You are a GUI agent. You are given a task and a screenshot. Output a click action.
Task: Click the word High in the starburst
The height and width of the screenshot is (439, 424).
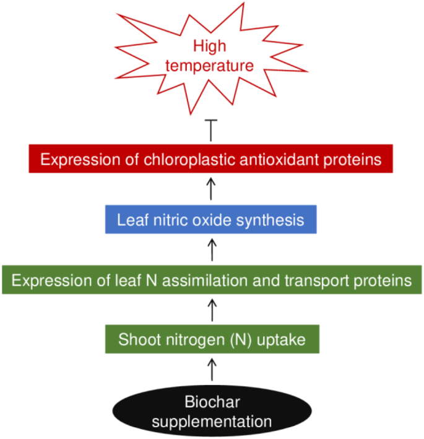click(x=212, y=46)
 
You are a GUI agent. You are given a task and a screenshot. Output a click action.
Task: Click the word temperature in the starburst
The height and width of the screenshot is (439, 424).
click(x=212, y=66)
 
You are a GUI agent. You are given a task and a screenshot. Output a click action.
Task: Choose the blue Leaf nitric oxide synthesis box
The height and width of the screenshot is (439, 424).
click(x=212, y=220)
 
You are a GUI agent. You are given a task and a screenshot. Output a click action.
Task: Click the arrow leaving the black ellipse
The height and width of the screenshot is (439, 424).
click(x=212, y=370)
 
